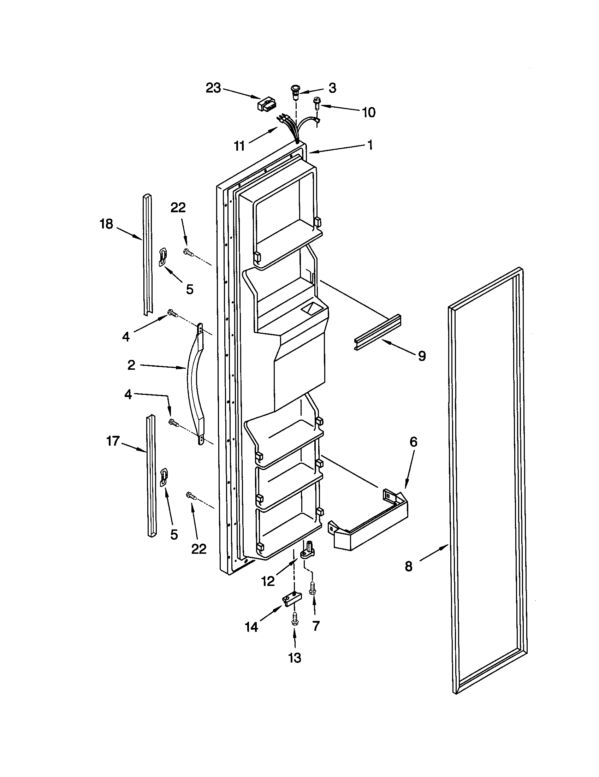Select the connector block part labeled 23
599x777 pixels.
266,105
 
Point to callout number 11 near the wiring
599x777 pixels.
239,146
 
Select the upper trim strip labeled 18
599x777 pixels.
148,254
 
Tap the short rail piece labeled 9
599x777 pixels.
378,333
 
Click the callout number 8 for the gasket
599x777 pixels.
408,566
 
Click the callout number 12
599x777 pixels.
268,581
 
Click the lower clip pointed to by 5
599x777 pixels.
164,477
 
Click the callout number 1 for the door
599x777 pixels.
370,145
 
